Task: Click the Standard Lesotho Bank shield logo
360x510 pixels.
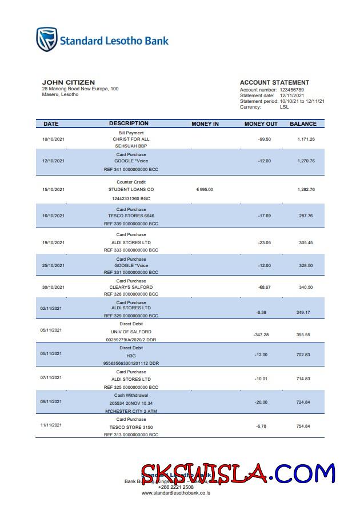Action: point(47,39)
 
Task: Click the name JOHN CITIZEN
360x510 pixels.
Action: point(69,83)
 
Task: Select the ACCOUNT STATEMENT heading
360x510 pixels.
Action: point(274,83)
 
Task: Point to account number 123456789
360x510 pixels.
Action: point(291,90)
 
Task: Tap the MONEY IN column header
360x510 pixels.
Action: point(205,123)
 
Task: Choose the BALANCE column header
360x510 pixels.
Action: point(303,123)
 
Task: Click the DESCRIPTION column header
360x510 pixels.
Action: point(129,123)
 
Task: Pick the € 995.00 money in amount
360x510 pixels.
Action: point(204,189)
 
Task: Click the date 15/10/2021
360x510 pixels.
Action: point(54,189)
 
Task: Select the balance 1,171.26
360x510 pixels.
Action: point(306,139)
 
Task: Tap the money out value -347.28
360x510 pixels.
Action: point(261,334)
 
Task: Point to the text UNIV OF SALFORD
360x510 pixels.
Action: point(131,332)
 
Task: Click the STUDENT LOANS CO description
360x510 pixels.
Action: point(131,189)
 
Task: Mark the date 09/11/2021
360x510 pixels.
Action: point(51,402)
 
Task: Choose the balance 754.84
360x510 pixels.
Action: point(304,427)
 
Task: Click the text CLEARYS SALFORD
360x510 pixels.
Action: point(131,287)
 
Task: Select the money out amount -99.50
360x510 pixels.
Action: point(264,139)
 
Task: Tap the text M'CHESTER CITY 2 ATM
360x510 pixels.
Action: point(131,411)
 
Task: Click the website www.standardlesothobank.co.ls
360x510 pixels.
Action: point(176,493)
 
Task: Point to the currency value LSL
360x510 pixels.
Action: point(284,107)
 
